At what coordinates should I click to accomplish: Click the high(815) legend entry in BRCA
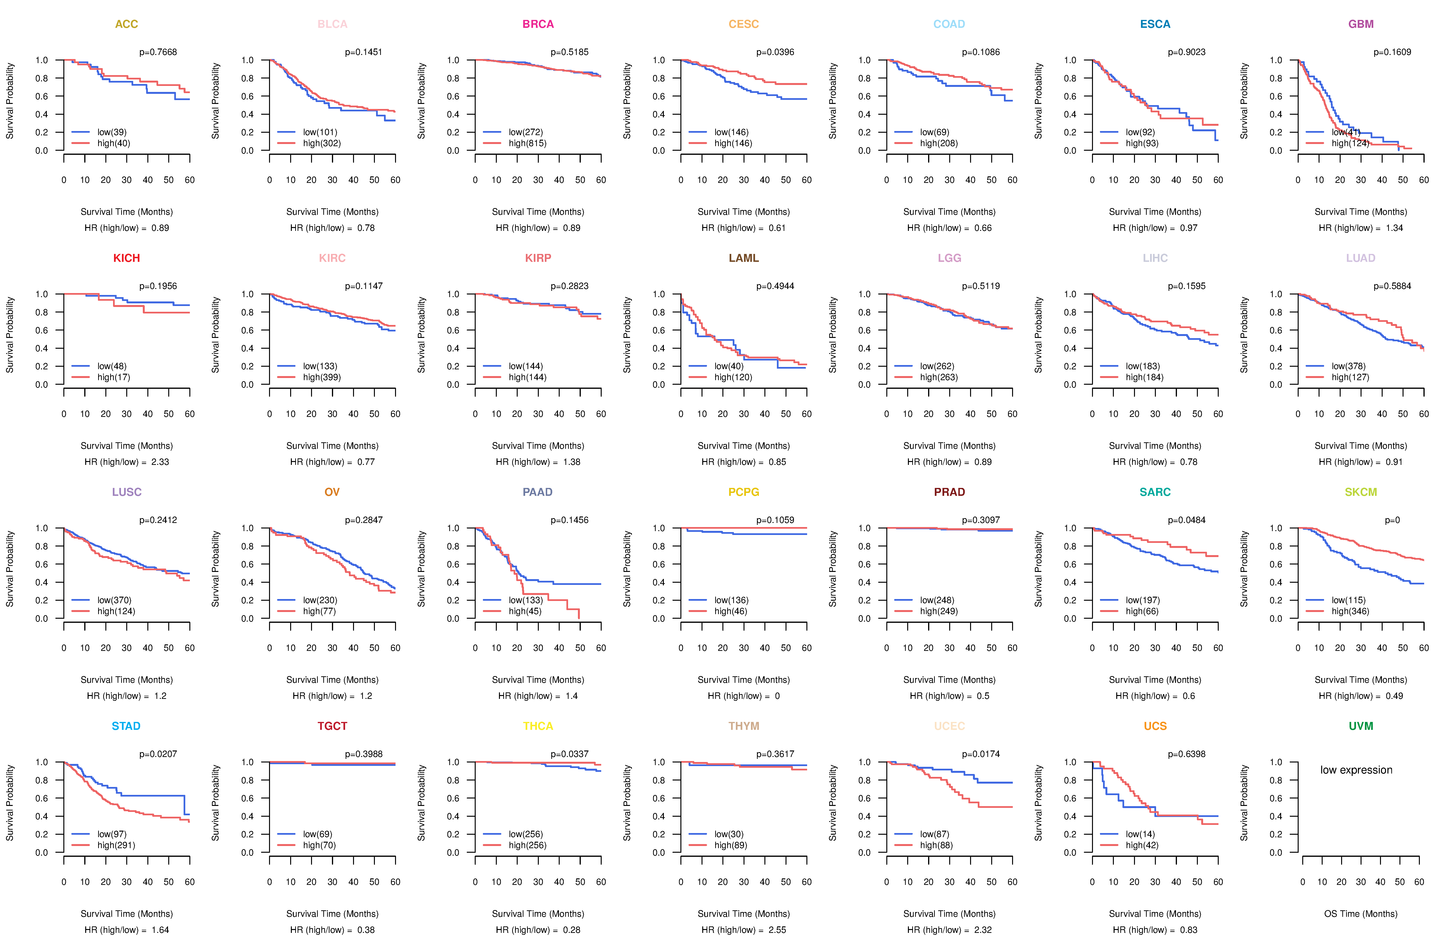527,143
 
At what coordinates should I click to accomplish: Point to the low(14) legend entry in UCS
1140,834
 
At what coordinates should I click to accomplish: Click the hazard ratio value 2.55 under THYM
777,930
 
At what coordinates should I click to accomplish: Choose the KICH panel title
126,258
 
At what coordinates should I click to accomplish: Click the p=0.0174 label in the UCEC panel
981,754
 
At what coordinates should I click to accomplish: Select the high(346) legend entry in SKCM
1350,611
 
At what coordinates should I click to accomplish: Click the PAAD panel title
537,492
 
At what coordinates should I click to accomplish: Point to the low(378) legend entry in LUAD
1348,366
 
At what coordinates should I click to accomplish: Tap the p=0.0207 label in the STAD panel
158,754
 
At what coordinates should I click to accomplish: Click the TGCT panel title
332,726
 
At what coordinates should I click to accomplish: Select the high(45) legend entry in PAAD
525,611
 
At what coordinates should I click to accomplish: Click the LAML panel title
744,258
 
